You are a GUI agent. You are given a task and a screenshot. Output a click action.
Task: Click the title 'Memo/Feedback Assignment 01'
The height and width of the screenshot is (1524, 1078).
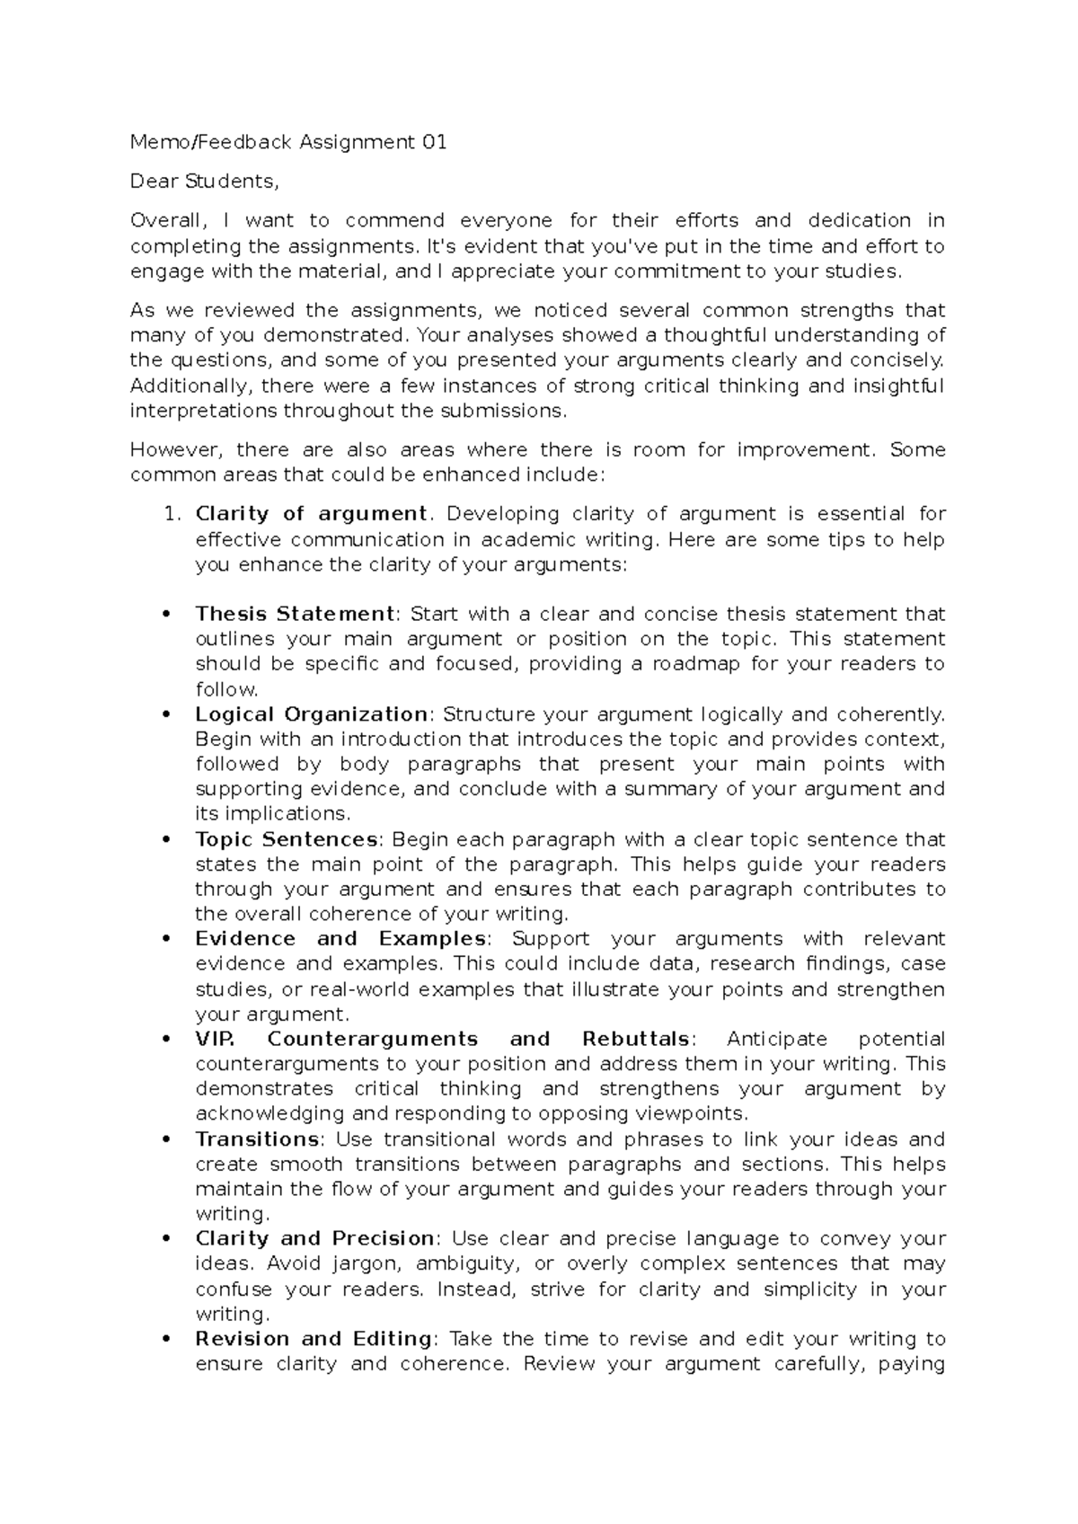pos(288,142)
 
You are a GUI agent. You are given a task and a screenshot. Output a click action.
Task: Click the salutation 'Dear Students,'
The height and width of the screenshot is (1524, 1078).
pos(205,182)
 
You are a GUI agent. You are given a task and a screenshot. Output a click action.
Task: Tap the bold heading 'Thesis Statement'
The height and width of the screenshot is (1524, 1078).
pos(295,614)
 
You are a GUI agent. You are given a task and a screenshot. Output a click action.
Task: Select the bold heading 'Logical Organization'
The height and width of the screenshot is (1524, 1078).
pos(311,714)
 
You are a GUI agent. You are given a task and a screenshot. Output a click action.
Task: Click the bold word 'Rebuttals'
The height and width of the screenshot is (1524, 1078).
pos(636,1039)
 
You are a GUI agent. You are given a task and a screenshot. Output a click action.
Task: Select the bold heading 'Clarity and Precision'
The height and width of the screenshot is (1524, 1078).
pos(314,1238)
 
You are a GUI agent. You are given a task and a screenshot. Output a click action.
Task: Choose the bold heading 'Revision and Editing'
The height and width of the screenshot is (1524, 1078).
pos(314,1339)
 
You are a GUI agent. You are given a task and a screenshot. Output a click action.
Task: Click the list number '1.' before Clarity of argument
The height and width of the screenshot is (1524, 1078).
pos(174,514)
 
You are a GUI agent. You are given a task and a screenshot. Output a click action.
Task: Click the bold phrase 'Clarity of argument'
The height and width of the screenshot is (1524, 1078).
pos(311,514)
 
